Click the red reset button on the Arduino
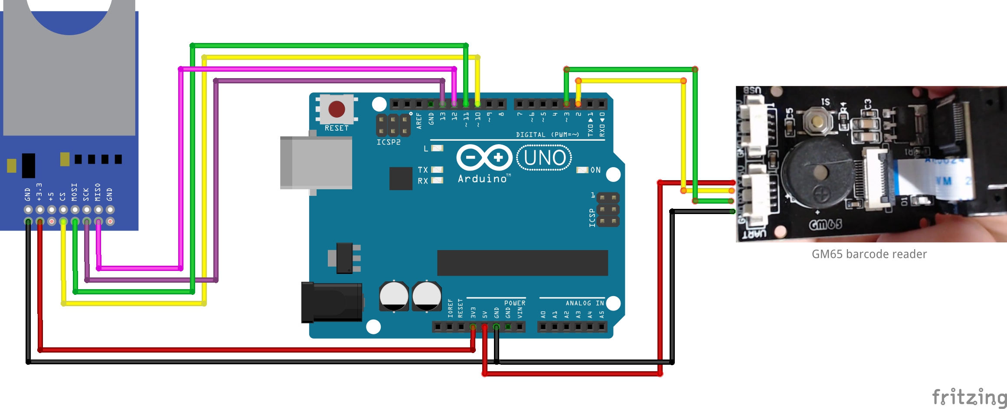click(337, 109)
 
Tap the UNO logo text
click(544, 158)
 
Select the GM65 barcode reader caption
click(869, 254)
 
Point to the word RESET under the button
click(337, 128)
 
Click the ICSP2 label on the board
click(388, 142)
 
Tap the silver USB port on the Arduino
click(316, 163)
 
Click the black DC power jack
click(332, 302)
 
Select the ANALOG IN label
click(585, 303)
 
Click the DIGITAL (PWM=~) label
click(547, 135)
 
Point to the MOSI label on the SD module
click(74, 192)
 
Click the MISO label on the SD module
click(98, 192)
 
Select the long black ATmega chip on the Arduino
click(522, 263)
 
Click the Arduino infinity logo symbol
click(484, 157)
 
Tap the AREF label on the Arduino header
click(419, 121)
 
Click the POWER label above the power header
click(514, 303)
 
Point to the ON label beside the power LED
click(595, 170)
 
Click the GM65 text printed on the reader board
click(825, 224)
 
